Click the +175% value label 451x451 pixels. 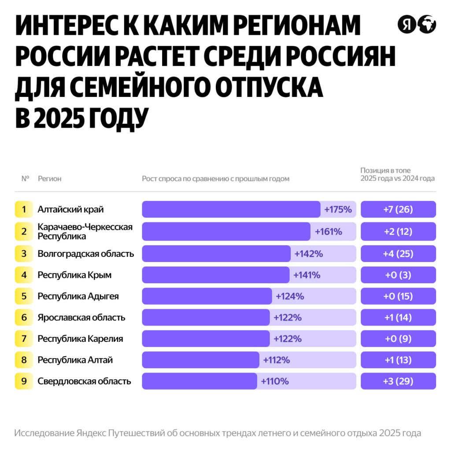pyautogui.click(x=338, y=210)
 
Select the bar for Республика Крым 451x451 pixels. pyautogui.click(x=215, y=275)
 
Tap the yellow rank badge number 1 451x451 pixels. pyautogui.click(x=24, y=210)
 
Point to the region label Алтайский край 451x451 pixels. pyautogui.click(x=70, y=210)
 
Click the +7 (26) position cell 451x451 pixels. pyautogui.click(x=398, y=210)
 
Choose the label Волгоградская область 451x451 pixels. pyautogui.click(x=86, y=254)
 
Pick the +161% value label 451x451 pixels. pyautogui.click(x=328, y=231)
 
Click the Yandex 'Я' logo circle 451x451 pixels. pyautogui.click(x=406, y=25)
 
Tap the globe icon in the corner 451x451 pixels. pyautogui.click(x=427, y=25)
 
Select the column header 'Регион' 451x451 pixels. pyautogui.click(x=49, y=179)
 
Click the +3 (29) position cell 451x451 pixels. pyautogui.click(x=398, y=381)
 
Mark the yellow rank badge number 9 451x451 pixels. pyautogui.click(x=24, y=381)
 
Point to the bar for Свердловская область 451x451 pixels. pyautogui.click(x=199, y=381)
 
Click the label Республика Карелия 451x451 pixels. pyautogui.click(x=80, y=339)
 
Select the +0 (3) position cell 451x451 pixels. pyautogui.click(x=398, y=275)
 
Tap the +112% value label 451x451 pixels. pyautogui.click(x=276, y=360)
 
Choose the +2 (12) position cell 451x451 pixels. pyautogui.click(x=398, y=231)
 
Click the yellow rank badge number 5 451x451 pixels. pyautogui.click(x=24, y=296)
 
